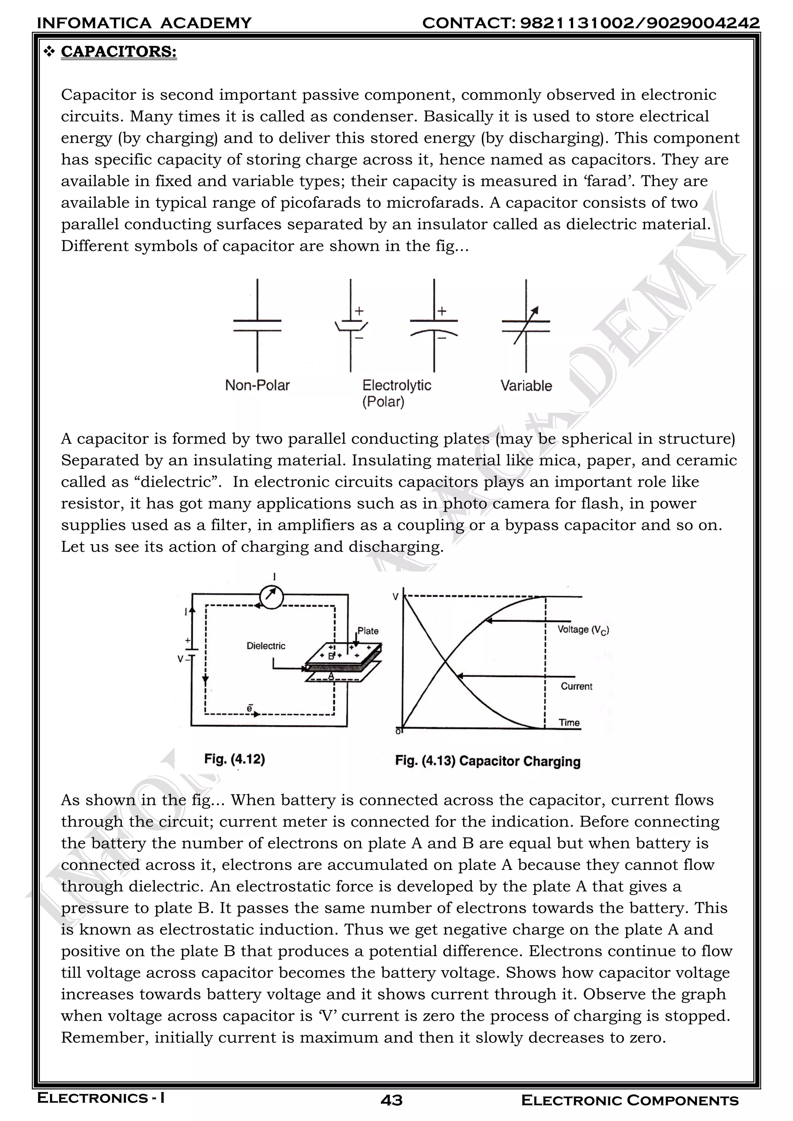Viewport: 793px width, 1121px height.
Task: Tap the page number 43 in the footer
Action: tap(391, 1100)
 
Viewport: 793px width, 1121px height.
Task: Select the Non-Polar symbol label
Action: tap(257, 386)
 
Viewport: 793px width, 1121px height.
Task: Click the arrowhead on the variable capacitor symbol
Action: tap(535, 310)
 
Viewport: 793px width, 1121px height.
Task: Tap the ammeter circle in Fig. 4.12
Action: tap(271, 596)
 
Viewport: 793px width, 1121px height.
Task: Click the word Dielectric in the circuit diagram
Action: tap(266, 646)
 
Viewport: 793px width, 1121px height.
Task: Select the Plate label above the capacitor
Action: tap(368, 631)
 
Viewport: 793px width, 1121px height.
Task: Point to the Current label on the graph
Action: tap(576, 686)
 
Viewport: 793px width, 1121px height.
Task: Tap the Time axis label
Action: tap(569, 723)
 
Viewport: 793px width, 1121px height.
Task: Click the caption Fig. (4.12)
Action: tap(234, 759)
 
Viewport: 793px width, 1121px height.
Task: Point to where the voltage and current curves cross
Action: tap(445, 663)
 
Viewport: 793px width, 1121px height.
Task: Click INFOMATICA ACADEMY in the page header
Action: tap(144, 23)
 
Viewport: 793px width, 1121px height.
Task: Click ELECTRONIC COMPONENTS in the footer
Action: tap(630, 1100)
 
